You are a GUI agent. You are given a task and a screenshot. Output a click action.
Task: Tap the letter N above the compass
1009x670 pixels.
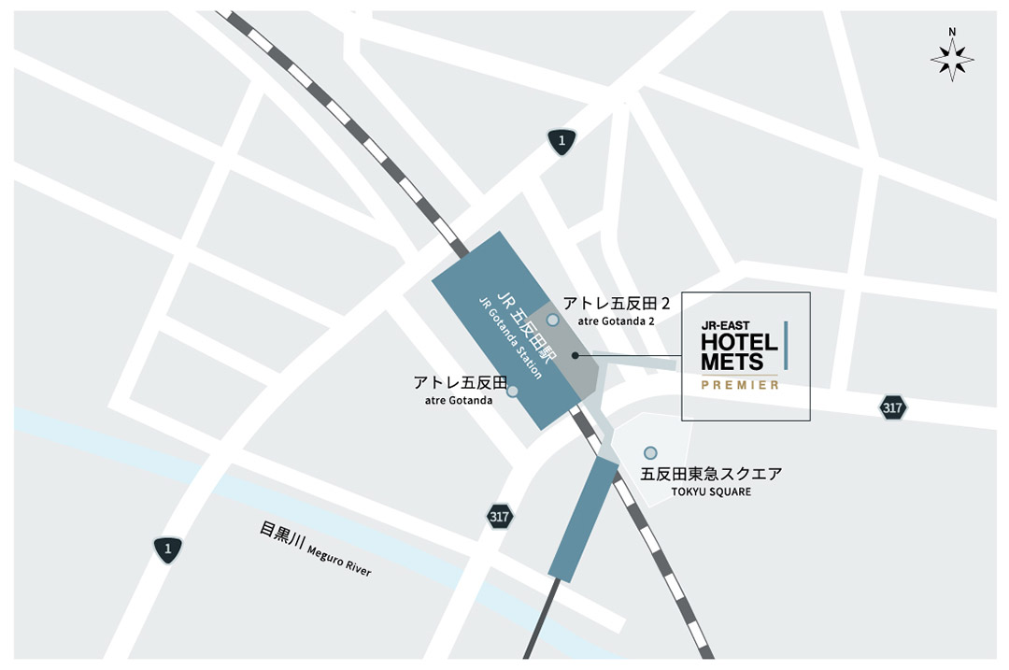[x=952, y=32]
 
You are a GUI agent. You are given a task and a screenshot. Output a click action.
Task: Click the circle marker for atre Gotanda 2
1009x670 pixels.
[x=553, y=320]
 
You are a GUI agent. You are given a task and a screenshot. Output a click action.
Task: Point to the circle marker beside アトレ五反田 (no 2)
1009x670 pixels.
[x=512, y=391]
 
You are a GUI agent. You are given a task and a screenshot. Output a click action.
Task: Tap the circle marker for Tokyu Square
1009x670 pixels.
[x=650, y=453]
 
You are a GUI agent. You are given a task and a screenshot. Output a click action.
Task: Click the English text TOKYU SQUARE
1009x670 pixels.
[x=710, y=492]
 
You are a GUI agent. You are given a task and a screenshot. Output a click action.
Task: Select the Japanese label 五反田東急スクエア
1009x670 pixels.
[x=711, y=474]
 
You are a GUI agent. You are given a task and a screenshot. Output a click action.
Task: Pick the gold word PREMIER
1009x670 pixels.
[x=740, y=385]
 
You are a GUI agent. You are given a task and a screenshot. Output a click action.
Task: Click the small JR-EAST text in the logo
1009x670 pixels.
[x=725, y=326]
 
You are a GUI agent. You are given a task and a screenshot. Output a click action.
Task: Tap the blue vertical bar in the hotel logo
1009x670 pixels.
[x=786, y=344]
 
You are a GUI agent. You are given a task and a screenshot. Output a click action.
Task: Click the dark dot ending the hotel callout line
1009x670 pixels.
[x=575, y=355]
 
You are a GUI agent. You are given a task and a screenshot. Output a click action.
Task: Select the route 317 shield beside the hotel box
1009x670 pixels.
[x=893, y=407]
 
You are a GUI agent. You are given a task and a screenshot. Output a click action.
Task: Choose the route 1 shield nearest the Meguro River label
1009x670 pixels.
[x=168, y=549]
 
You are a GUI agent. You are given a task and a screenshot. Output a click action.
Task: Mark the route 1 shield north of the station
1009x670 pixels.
[x=561, y=141]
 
